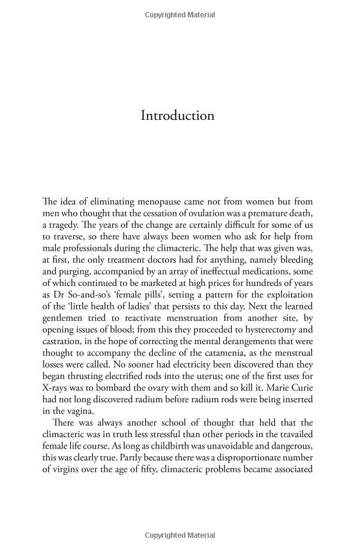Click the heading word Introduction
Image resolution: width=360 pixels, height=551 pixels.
click(177, 115)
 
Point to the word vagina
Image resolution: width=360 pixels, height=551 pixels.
click(80, 411)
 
